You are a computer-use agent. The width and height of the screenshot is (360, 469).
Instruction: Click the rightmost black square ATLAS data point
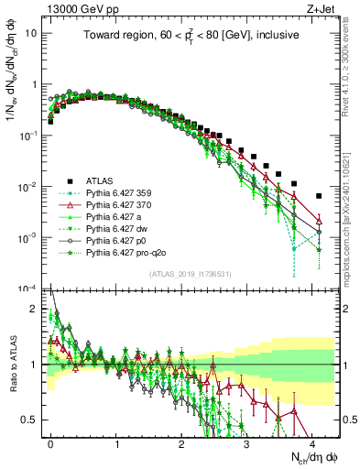click(318, 196)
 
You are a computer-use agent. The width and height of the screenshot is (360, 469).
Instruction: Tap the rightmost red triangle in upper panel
click(318, 221)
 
